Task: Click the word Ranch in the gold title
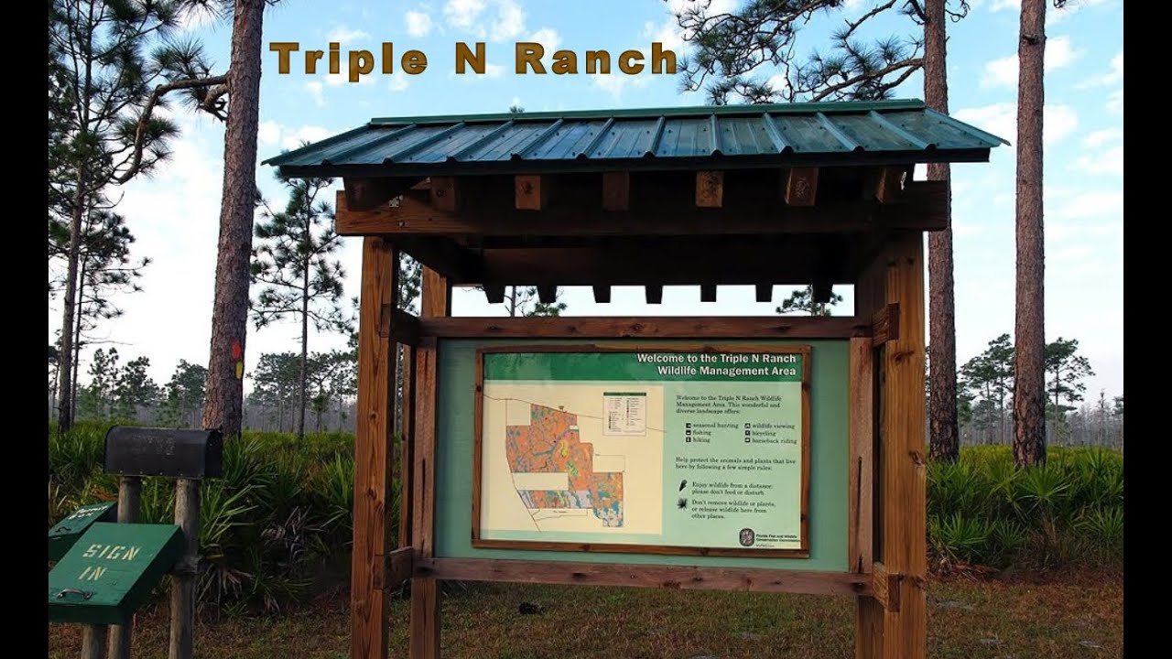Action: point(595,59)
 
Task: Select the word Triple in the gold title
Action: point(349,59)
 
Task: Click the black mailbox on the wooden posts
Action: point(163,451)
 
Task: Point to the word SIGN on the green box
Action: point(111,554)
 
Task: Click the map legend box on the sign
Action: point(624,413)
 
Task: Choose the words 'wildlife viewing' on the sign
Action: point(775,426)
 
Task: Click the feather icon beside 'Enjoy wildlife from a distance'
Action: point(683,485)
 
